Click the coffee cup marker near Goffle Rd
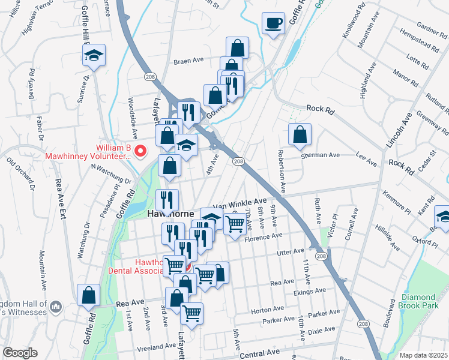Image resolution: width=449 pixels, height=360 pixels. coord(274,24)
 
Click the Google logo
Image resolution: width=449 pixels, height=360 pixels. coord(19,352)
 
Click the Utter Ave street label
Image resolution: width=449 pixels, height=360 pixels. coord(291,253)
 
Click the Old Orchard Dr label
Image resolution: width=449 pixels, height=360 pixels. coord(24,175)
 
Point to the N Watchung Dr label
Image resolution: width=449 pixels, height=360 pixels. coord(111,177)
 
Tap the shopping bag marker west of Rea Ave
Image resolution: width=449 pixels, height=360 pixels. coord(89,295)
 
